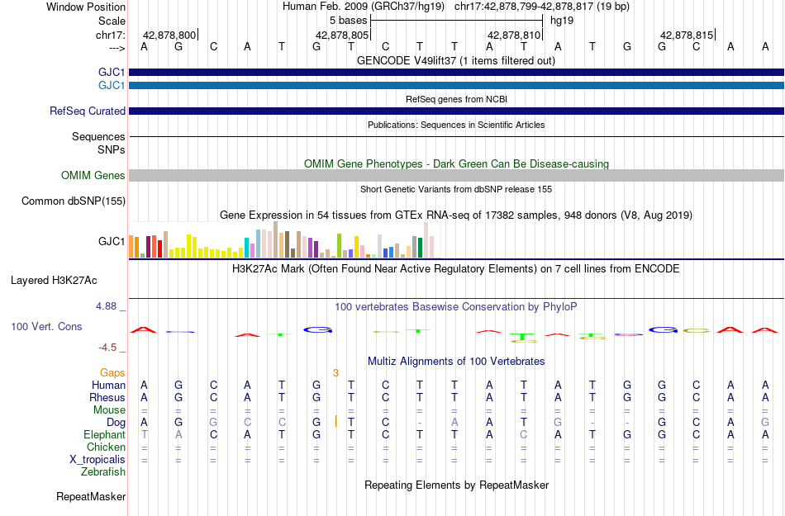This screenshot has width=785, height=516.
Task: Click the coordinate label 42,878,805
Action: (342, 35)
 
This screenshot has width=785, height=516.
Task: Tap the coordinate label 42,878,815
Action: (687, 35)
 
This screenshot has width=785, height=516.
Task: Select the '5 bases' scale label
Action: (348, 21)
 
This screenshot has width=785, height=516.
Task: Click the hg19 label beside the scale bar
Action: (562, 21)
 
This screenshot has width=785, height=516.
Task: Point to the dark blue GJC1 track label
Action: (112, 73)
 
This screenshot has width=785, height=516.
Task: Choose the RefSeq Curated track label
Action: (88, 111)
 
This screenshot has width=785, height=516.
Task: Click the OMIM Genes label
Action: (93, 176)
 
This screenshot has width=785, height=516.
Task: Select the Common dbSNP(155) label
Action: (74, 201)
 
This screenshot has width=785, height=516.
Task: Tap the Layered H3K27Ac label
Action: (54, 281)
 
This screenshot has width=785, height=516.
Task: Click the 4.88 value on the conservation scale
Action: (106, 306)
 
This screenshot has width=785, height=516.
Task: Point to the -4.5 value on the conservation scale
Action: (107, 347)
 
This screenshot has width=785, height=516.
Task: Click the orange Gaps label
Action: (112, 372)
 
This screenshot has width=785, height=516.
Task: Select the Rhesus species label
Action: (107, 397)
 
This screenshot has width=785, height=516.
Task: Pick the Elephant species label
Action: (104, 434)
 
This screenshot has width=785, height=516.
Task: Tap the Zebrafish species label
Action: (103, 471)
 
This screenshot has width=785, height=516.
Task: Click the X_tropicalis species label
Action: (98, 460)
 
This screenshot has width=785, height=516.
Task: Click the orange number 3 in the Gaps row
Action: (336, 372)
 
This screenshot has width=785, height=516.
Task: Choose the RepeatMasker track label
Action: (91, 496)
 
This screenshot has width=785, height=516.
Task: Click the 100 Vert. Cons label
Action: (46, 326)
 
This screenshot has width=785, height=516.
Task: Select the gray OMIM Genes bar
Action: (456, 176)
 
